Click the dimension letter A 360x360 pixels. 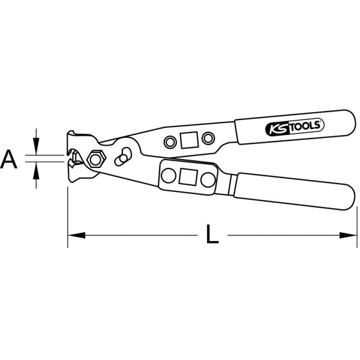tap(9, 159)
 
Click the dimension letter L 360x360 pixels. tap(212, 234)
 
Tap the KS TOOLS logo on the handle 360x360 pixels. tap(295, 127)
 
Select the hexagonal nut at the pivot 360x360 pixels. tap(97, 159)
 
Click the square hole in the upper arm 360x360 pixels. tap(189, 140)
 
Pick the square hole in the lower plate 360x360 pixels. tap(188, 177)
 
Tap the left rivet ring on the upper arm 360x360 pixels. tap(170, 142)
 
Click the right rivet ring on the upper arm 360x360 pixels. tap(208, 138)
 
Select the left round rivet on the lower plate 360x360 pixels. tap(169, 176)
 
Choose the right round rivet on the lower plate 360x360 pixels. tap(208, 179)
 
